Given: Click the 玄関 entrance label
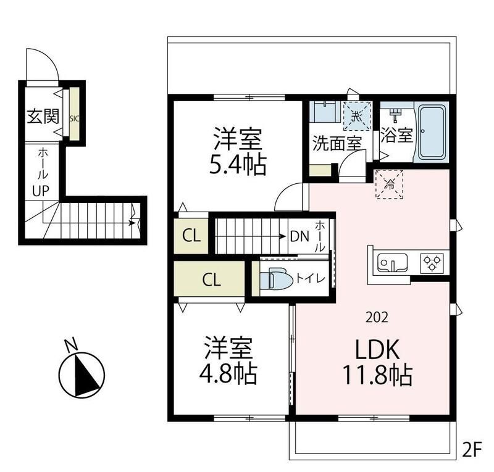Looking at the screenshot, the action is [43, 117].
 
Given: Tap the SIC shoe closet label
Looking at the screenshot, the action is [74, 118].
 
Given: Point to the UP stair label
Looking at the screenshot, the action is [41, 191].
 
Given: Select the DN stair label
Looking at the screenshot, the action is [299, 236].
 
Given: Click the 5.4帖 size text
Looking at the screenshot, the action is [238, 164].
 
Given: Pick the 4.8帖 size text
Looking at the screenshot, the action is [228, 373].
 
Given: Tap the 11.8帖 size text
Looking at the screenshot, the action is [377, 375].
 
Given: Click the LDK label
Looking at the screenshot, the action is [377, 349].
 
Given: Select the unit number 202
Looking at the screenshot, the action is [377, 317].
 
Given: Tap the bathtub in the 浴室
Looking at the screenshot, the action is [432, 133].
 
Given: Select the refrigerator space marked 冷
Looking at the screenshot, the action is [390, 184].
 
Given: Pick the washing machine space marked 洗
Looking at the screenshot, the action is [358, 116].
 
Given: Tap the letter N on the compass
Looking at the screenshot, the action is [71, 344].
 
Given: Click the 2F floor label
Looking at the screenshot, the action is [472, 450].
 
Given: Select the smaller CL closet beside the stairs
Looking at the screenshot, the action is [191, 236].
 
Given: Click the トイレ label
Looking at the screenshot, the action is [311, 278].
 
